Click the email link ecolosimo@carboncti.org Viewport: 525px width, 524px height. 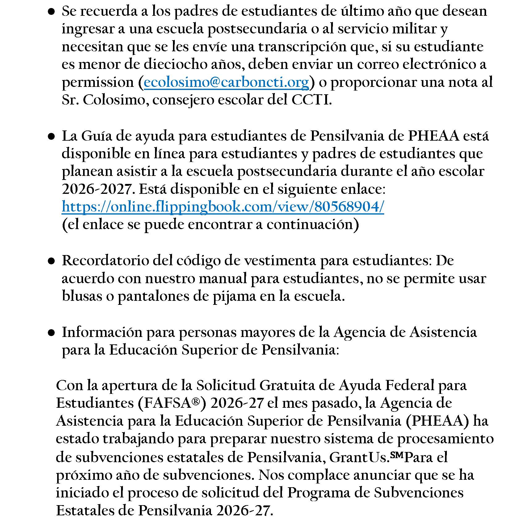tap(226, 83)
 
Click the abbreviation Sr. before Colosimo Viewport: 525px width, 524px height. tap(70, 100)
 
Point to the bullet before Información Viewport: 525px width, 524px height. tap(52, 333)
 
